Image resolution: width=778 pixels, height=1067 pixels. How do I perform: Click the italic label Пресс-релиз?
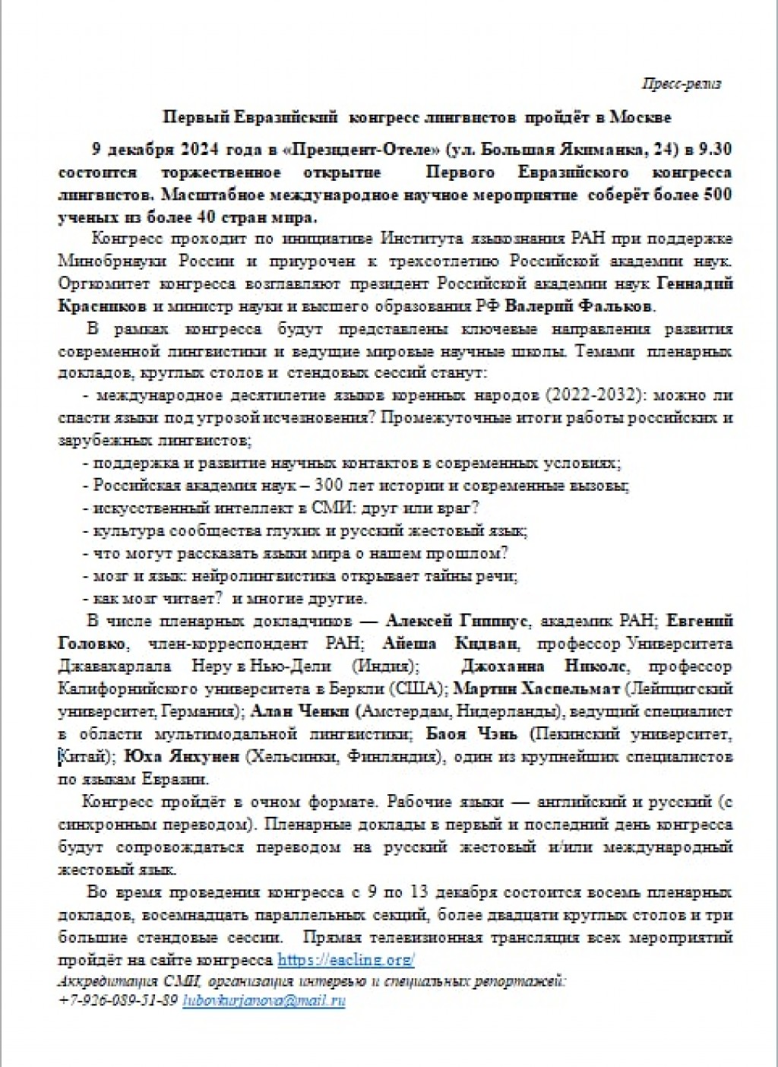(x=681, y=84)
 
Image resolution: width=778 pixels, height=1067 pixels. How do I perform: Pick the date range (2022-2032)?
(x=590, y=395)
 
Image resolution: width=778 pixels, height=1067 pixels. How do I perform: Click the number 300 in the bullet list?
(x=331, y=485)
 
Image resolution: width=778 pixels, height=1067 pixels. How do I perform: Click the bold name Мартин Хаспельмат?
(x=539, y=689)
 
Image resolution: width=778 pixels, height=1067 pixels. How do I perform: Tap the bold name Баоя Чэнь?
(x=471, y=734)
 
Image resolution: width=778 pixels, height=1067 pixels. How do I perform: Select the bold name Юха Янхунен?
(x=182, y=757)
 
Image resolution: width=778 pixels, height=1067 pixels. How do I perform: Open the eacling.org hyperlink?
(x=346, y=960)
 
